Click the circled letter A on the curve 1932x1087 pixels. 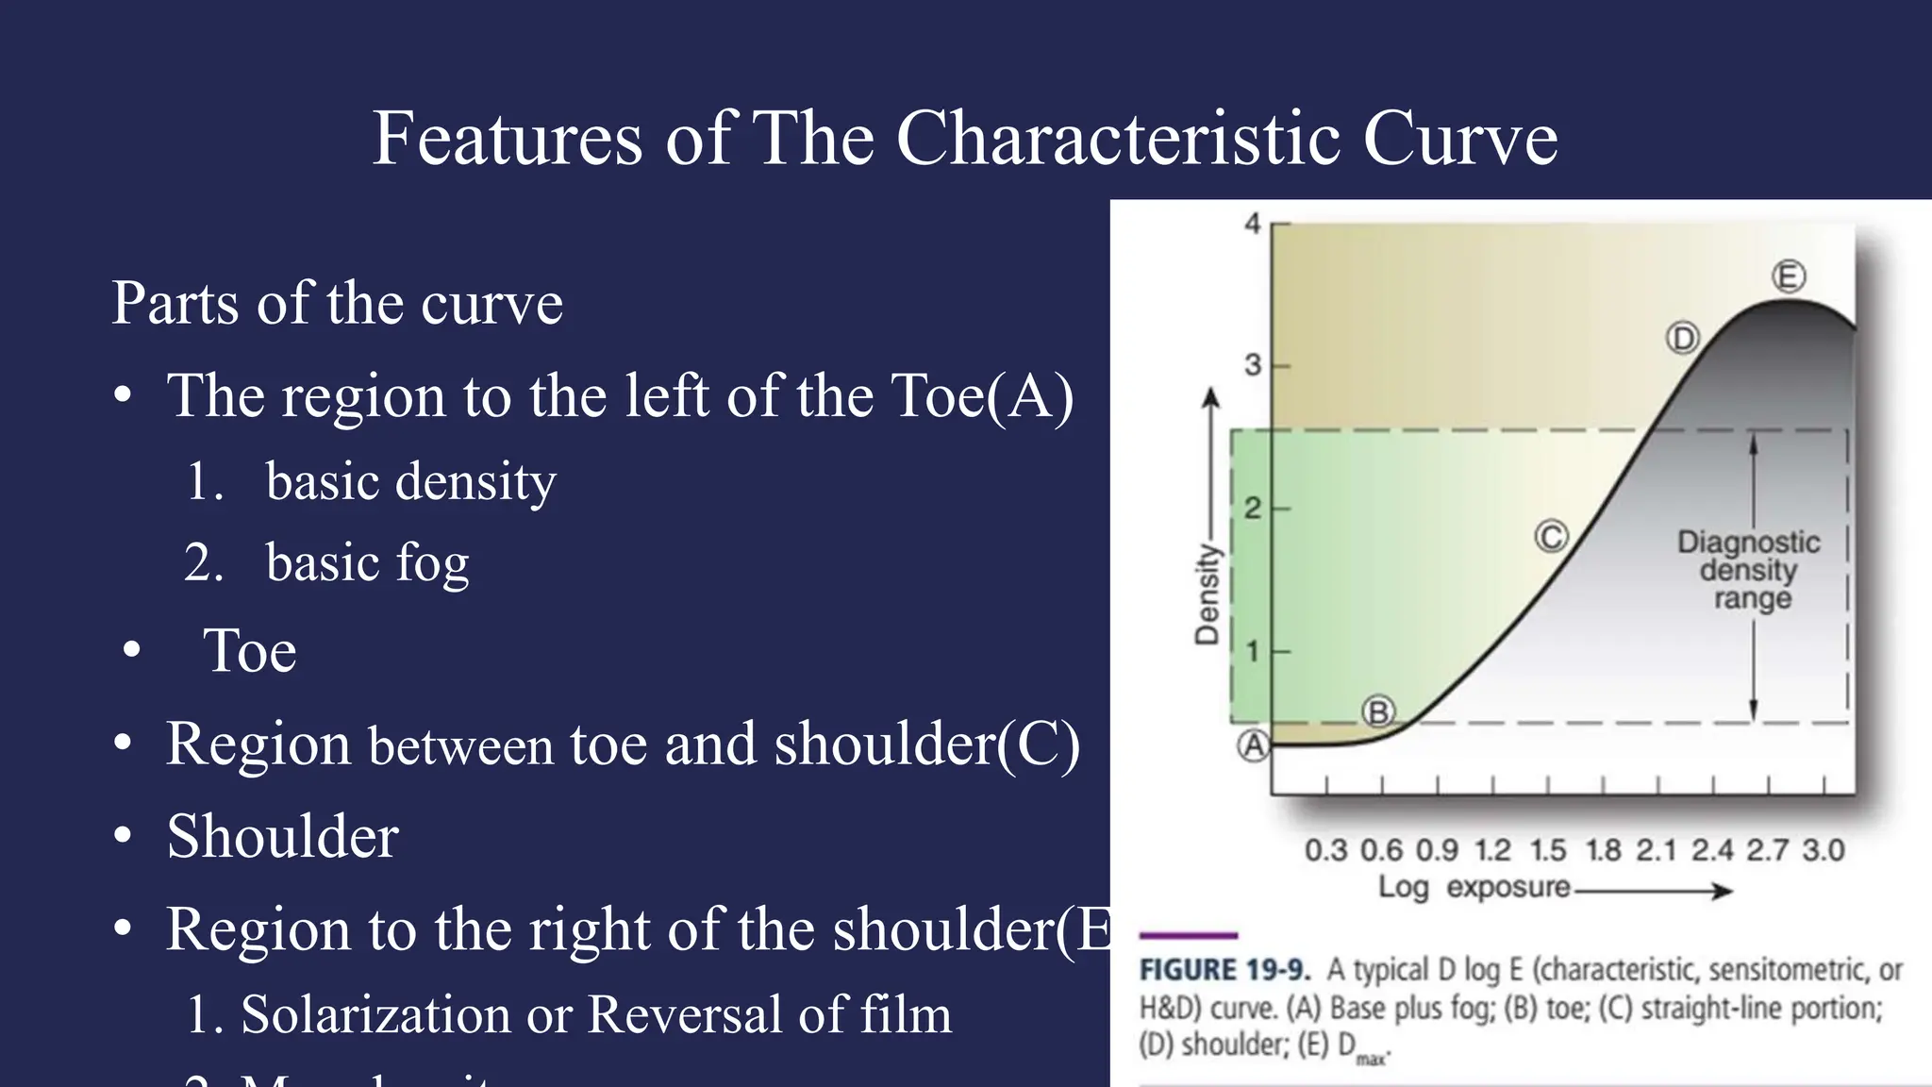point(1254,745)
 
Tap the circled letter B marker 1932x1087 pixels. point(1378,712)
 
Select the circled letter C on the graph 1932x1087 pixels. point(1551,536)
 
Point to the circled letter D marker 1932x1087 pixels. point(1682,338)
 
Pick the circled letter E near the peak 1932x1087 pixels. point(1789,276)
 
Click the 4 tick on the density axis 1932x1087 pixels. point(1253,224)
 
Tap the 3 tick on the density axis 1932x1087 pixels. point(1253,364)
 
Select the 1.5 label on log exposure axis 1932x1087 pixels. point(1548,850)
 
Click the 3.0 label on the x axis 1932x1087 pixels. point(1824,850)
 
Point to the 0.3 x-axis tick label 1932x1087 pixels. point(1325,850)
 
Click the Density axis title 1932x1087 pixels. point(1207,594)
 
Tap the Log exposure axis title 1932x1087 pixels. point(1474,887)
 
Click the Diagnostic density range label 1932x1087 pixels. point(1750,570)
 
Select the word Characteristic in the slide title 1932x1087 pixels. point(1120,138)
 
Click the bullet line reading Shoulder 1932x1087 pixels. point(282,836)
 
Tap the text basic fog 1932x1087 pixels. point(367,562)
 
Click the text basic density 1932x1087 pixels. point(410,481)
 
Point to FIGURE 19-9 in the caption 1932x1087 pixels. point(1224,970)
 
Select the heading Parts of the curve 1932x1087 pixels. point(337,303)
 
